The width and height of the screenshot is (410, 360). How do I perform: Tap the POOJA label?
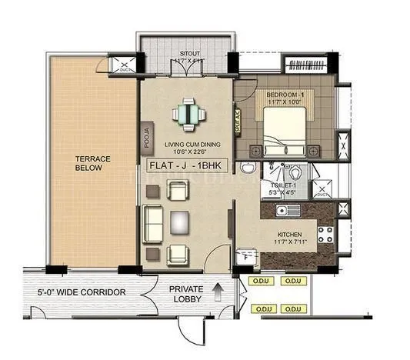(x=146, y=137)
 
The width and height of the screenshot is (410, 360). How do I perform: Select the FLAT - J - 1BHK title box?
(x=187, y=165)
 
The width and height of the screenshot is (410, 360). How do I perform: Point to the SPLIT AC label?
(x=238, y=122)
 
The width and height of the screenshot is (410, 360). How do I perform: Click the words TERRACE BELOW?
(x=92, y=164)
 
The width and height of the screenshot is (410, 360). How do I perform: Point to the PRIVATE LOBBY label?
(x=187, y=293)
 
